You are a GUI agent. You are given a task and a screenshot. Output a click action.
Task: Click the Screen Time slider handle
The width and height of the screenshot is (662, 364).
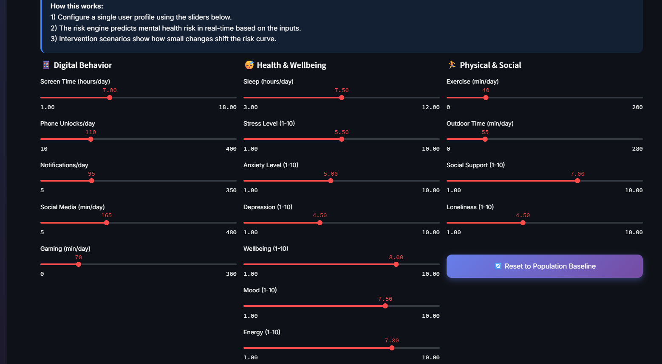[x=110, y=98]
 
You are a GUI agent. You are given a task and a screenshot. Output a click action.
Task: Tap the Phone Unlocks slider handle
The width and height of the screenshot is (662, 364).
[x=91, y=139]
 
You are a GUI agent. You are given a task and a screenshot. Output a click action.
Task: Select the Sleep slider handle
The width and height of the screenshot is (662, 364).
[x=342, y=98]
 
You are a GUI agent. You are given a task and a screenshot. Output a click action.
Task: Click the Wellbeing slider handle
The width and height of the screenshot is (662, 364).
[x=396, y=264]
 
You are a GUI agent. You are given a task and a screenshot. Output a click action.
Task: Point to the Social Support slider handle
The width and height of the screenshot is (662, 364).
[x=577, y=181]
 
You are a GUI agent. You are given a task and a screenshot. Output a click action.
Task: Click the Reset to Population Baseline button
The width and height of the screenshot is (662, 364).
[x=544, y=266]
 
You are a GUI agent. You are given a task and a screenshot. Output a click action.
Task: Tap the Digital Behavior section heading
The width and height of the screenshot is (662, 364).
[x=82, y=65]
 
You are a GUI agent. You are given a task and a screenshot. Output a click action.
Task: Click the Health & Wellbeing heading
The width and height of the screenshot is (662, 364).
[x=291, y=65]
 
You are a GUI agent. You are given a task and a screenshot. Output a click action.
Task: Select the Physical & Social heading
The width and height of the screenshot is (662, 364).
[x=490, y=65]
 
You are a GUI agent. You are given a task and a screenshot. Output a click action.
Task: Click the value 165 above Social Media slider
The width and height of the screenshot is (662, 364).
[x=106, y=216]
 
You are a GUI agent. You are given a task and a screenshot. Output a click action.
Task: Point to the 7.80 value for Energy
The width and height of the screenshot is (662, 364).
[x=392, y=341]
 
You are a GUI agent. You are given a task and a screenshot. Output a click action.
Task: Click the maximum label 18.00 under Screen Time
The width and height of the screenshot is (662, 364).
[x=227, y=107]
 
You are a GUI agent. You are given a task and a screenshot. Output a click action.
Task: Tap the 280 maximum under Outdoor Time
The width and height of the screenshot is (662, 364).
[x=637, y=149]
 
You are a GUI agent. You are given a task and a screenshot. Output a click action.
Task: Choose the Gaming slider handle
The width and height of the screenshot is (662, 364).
[x=79, y=264]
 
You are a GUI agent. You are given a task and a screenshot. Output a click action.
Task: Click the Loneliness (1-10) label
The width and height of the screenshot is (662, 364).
[x=470, y=207]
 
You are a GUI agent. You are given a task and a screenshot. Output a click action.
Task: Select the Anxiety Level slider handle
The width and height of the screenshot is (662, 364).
[x=331, y=181]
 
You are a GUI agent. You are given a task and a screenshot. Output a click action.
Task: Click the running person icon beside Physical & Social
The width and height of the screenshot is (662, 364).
[x=452, y=64]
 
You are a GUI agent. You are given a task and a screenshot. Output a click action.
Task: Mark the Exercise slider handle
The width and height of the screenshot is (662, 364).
[x=486, y=98]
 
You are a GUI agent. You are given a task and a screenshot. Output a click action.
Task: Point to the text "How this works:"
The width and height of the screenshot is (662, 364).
[x=77, y=6]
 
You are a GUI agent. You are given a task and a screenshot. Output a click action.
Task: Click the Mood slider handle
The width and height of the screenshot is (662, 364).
[x=385, y=306]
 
